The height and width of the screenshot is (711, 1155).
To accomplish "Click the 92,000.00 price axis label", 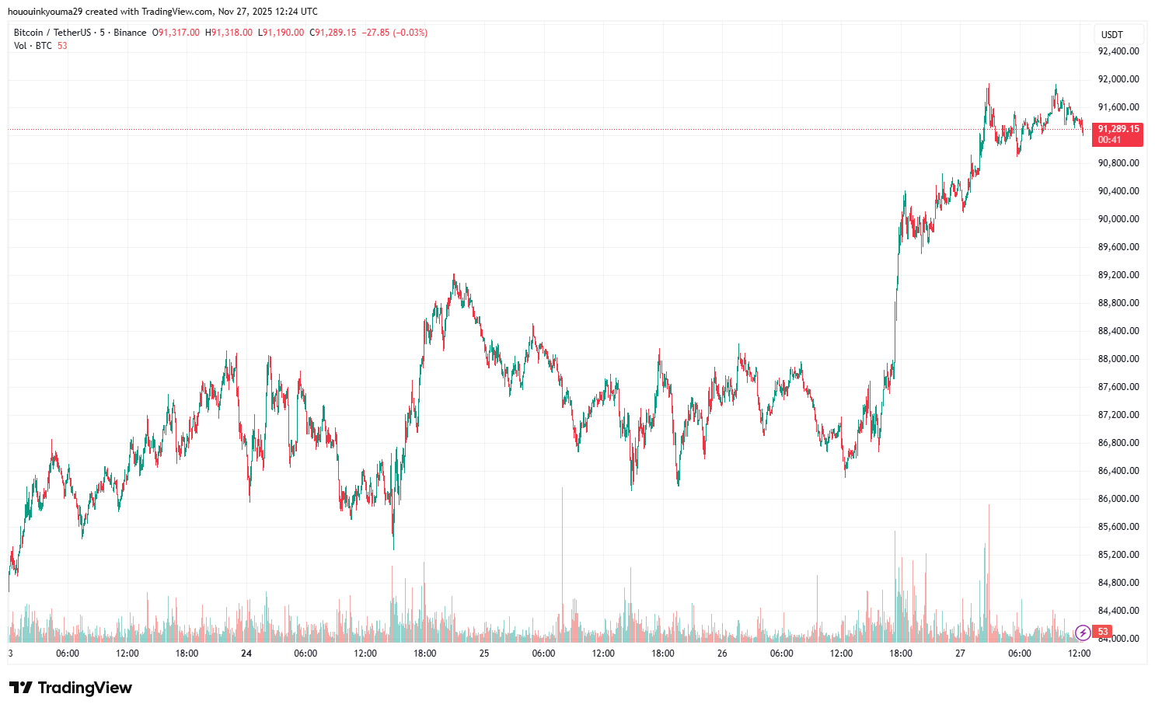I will (1118, 79).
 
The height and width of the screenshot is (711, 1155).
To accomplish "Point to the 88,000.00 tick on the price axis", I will (1118, 359).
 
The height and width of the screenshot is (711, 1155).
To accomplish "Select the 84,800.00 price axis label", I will (1118, 583).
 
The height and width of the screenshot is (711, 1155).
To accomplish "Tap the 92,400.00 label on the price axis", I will (1118, 51).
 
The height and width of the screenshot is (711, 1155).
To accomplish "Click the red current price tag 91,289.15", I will (1118, 129).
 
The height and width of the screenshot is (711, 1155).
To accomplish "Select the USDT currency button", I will (1112, 34).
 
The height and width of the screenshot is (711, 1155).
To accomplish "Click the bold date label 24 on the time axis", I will (246, 653).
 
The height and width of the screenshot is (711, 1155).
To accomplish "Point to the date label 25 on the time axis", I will (484, 653).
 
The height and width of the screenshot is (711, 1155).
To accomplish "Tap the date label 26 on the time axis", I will (722, 653).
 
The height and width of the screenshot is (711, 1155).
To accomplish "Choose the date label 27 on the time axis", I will (960, 653).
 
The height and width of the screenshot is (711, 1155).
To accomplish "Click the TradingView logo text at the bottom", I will (72, 688).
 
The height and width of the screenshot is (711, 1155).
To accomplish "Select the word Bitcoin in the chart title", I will (29, 33).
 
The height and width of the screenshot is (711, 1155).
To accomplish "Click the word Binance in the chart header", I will (130, 33).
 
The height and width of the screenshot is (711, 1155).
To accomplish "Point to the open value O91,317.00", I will (176, 33).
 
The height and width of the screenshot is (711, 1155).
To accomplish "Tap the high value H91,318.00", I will (229, 33).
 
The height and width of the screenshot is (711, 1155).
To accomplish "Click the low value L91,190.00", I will (281, 33).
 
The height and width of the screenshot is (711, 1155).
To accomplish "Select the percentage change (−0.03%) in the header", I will (410, 33).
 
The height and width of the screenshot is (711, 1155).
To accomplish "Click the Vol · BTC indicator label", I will (33, 46).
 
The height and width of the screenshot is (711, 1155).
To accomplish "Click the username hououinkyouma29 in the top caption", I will (45, 12).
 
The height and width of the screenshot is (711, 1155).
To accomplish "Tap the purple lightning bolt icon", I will (1082, 632).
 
